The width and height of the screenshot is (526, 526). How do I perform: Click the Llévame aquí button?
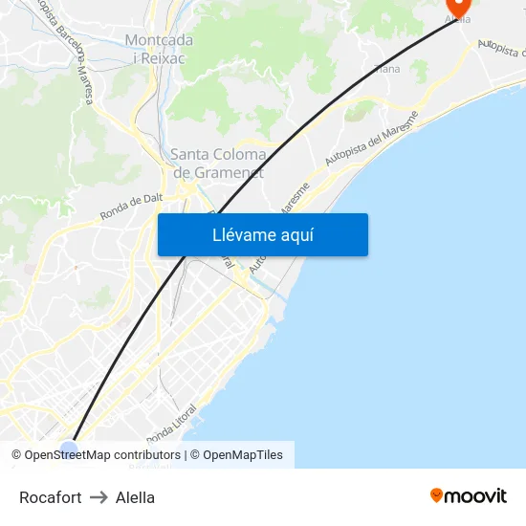pyautogui.click(x=262, y=235)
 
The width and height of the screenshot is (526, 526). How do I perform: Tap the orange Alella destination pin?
pyautogui.click(x=459, y=8)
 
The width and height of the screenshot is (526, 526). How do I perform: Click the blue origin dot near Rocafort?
pyautogui.click(x=68, y=447)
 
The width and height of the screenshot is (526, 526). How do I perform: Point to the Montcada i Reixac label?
pyautogui.click(x=159, y=49)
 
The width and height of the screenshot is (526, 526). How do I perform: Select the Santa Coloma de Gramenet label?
pyautogui.click(x=218, y=163)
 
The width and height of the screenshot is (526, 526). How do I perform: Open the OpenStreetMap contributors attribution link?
pyautogui.click(x=102, y=455)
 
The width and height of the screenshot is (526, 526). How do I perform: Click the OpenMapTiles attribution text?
pyautogui.click(x=243, y=455)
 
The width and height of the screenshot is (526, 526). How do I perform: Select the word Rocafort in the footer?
pyautogui.click(x=50, y=497)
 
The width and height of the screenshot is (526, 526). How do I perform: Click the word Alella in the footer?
pyautogui.click(x=135, y=497)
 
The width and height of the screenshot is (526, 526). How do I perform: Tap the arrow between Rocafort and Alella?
pyautogui.click(x=99, y=497)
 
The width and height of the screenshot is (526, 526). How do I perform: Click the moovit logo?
pyautogui.click(x=469, y=495)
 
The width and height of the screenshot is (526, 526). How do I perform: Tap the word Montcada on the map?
pyautogui.click(x=159, y=40)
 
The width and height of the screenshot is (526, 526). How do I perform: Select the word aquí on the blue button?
pyautogui.click(x=296, y=235)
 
